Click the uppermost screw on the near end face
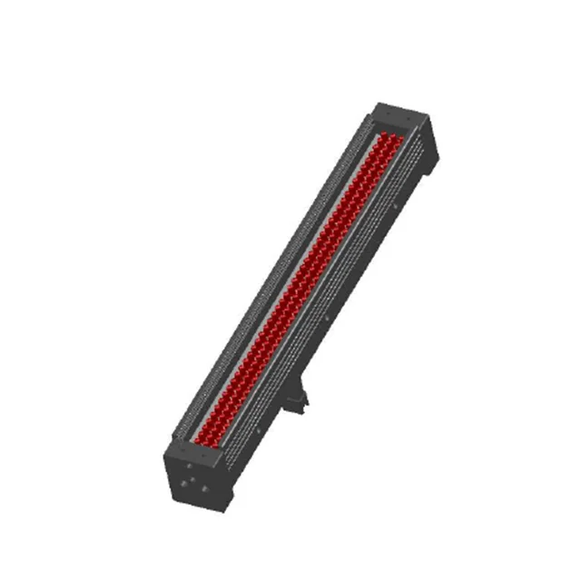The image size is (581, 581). [x=189, y=466]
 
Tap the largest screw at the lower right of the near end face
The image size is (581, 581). [x=204, y=488]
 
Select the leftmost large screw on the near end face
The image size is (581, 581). [x=183, y=483]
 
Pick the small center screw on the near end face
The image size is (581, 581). [x=192, y=479]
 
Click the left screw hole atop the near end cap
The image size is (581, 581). [x=182, y=449]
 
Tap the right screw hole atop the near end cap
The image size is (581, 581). [x=203, y=455]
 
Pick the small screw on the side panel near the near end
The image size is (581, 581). [x=258, y=430]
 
